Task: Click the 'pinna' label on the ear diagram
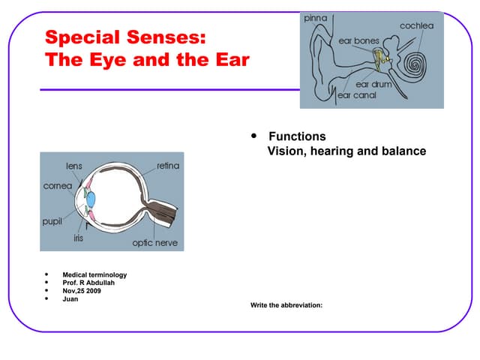pyautogui.click(x=314, y=18)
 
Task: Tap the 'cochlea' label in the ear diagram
pyautogui.click(x=417, y=26)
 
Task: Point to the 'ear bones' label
pyautogui.click(x=358, y=40)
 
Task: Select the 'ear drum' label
pyautogui.click(x=373, y=85)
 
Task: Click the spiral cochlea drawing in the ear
pyautogui.click(x=415, y=65)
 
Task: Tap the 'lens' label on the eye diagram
pyautogui.click(x=74, y=165)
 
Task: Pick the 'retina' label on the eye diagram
pyautogui.click(x=168, y=165)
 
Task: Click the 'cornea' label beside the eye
pyautogui.click(x=58, y=185)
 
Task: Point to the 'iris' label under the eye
pyautogui.click(x=78, y=238)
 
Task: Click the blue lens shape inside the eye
pyautogui.click(x=91, y=200)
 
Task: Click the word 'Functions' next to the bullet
pyautogui.click(x=297, y=136)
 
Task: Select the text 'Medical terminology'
pyautogui.click(x=94, y=274)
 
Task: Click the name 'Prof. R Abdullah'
pyautogui.click(x=89, y=283)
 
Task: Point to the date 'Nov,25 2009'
pyautogui.click(x=82, y=291)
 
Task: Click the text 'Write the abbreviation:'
pyautogui.click(x=286, y=305)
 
